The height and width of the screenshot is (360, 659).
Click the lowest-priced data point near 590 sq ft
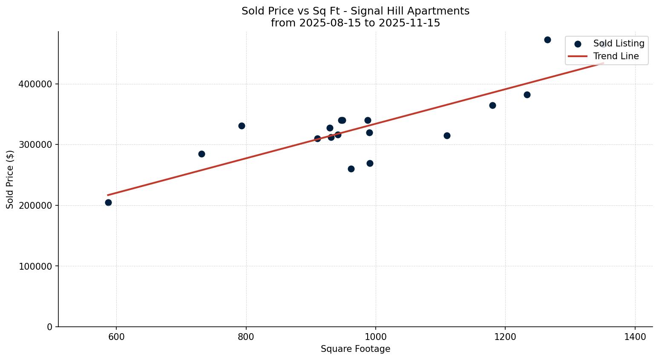point(108,202)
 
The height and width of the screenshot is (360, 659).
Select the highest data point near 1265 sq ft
point(547,40)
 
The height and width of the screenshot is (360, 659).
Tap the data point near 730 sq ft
point(201,154)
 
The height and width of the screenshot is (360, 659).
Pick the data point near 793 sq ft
point(242,126)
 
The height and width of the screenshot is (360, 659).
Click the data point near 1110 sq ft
point(447,135)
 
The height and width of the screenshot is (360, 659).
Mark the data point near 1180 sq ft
point(492,105)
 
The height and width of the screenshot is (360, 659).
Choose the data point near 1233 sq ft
point(527,95)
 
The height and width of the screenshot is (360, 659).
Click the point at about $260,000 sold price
point(351,169)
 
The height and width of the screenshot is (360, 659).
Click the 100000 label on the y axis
point(35,266)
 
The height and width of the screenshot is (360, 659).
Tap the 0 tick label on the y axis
point(50,327)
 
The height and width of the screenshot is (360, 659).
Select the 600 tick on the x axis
point(116,337)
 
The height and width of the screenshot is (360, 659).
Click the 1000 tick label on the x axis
point(375,337)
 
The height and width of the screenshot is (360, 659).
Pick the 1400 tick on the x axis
point(635,337)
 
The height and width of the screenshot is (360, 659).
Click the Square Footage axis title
point(355,349)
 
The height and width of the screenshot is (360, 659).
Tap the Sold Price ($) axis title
point(10,179)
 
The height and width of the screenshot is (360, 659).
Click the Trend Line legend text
point(616,56)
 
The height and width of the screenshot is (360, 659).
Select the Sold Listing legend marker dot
point(578,44)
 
